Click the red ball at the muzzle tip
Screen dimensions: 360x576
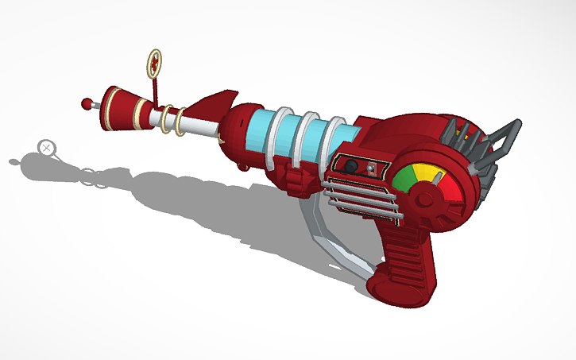87,103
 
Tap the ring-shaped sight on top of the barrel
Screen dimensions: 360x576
155,61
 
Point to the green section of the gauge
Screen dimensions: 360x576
403,182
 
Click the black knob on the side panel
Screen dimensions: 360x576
350,165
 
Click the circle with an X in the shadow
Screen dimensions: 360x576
47,147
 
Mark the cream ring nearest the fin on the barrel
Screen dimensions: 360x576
182,121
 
